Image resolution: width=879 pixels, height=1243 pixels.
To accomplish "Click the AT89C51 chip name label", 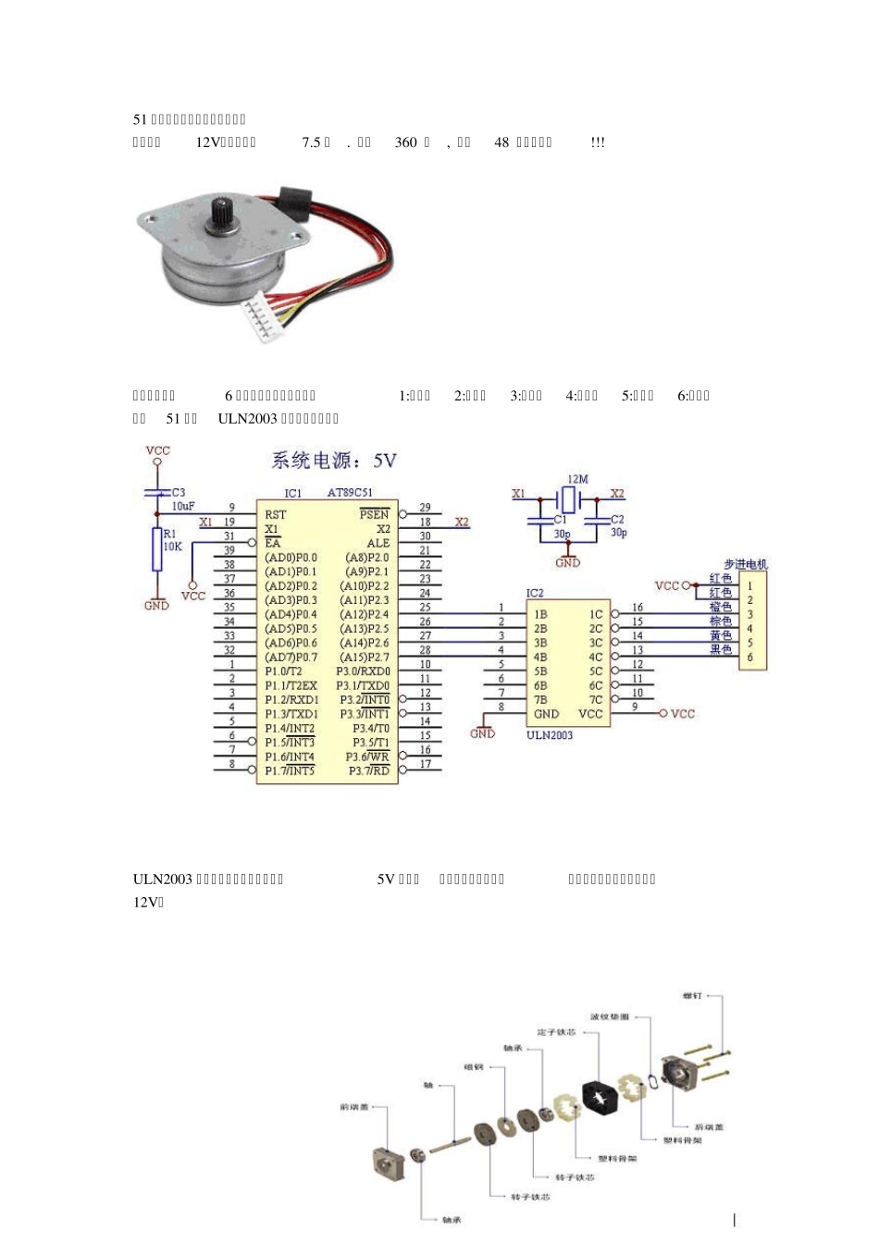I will (350, 493).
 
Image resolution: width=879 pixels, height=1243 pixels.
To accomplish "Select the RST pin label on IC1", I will (276, 514).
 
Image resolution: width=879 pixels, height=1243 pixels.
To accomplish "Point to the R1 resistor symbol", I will (158, 549).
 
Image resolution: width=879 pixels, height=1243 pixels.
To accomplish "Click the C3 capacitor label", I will (179, 492).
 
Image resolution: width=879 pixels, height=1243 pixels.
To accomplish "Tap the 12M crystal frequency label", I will (577, 479).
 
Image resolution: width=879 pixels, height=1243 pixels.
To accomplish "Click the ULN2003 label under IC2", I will (550, 735).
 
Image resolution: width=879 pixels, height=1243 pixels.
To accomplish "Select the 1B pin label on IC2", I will (540, 614).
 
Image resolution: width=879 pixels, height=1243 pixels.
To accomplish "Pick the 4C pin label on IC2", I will (596, 658).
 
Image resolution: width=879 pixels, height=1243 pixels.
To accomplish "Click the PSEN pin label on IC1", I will (375, 514).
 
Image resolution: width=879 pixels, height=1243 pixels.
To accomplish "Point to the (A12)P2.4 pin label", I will (366, 614).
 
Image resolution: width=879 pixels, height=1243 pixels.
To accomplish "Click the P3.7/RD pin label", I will (369, 771).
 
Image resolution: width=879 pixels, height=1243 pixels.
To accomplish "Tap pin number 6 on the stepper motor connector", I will (750, 658).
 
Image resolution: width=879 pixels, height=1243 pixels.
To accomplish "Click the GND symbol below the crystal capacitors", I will (568, 561).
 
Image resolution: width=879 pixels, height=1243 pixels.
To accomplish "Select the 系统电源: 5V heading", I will (334, 460).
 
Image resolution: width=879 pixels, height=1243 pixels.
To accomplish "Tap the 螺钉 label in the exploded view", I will (691, 996).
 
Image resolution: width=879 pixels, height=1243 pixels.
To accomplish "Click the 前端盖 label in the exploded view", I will (353, 1107).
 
